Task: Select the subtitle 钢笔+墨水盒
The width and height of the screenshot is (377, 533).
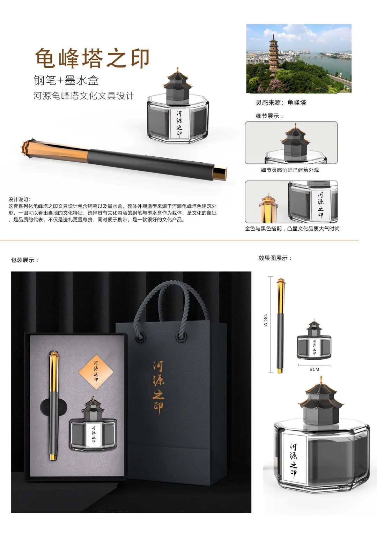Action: (x=66, y=80)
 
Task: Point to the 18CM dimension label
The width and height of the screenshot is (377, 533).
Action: (x=265, y=320)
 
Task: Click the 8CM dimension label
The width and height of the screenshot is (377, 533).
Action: (x=315, y=369)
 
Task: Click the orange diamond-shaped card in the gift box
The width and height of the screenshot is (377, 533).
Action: (x=96, y=372)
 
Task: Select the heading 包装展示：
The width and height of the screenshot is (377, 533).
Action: (x=25, y=260)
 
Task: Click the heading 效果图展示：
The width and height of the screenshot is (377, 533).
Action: (x=275, y=258)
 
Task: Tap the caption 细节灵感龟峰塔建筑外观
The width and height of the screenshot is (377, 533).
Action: (x=290, y=170)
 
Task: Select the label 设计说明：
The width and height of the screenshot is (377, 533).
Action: (x=20, y=199)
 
